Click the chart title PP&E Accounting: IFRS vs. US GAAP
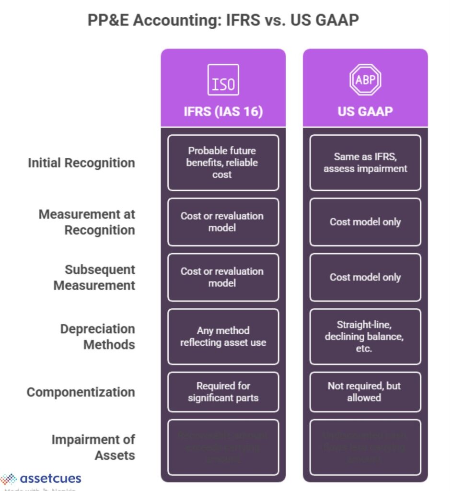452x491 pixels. point(223,21)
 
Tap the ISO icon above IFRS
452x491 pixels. point(223,80)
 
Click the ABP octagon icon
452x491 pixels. point(365,80)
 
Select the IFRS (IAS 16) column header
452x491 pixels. point(223,111)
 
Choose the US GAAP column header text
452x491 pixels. point(365,111)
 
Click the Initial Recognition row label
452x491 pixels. point(81,163)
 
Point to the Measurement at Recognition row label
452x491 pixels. point(87,222)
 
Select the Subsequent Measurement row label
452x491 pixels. point(94,277)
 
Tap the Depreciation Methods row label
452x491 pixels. point(97,337)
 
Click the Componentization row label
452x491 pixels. point(81,392)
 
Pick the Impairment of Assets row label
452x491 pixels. point(93,447)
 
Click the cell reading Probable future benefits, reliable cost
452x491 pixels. point(223,163)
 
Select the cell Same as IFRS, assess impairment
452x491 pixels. point(365,163)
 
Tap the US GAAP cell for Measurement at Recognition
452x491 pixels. point(365,222)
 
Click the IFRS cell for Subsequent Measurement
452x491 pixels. point(223,277)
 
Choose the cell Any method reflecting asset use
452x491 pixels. point(223,337)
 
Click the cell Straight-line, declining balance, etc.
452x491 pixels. point(365,337)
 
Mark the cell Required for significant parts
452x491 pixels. point(223,392)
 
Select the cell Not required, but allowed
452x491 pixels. point(365,392)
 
